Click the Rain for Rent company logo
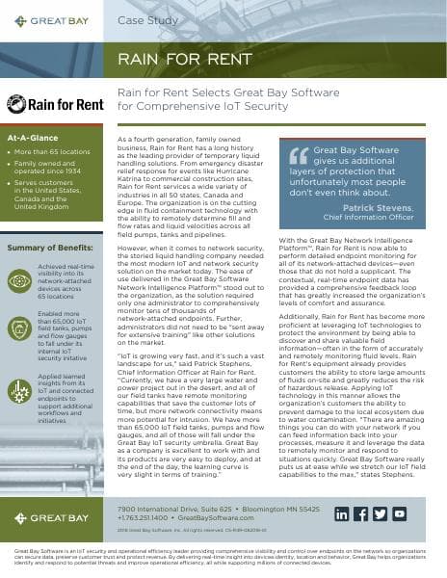[50, 103]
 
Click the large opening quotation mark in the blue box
[301, 154]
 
